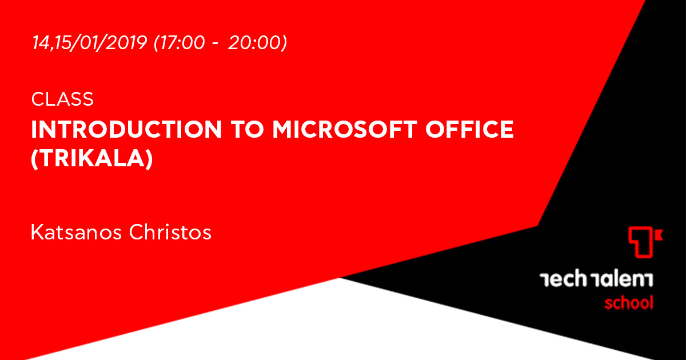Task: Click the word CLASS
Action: click(62, 99)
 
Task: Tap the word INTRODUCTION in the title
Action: click(126, 130)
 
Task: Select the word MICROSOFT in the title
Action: click(345, 130)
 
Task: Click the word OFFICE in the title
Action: click(469, 130)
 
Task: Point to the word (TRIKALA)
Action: click(92, 159)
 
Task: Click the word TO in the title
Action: click(247, 130)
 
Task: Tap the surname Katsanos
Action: click(76, 232)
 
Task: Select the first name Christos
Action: click(170, 232)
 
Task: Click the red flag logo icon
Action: click(645, 242)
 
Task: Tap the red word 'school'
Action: click(629, 303)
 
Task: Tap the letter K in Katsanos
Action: click(37, 232)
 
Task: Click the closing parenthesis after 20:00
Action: click(284, 42)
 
